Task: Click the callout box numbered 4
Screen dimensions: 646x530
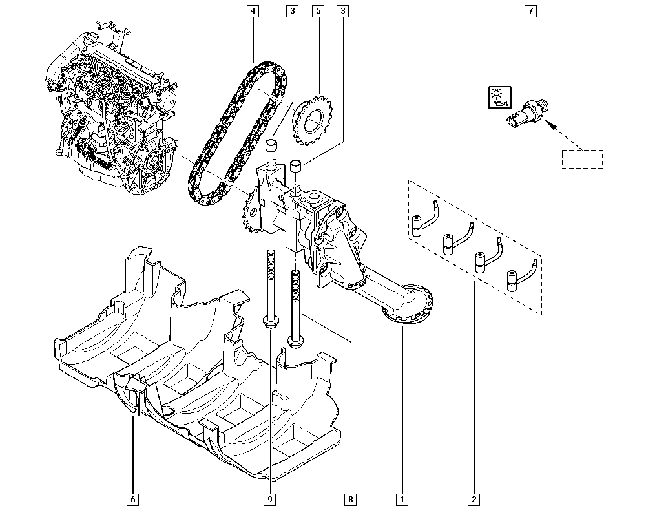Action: coord(253,11)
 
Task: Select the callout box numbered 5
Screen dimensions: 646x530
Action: coord(318,11)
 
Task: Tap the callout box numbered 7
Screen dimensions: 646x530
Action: coord(530,11)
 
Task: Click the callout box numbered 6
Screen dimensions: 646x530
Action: coord(132,500)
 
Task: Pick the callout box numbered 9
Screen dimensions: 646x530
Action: coord(269,500)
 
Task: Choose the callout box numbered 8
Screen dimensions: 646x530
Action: coord(350,500)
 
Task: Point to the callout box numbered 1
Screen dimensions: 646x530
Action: coord(402,500)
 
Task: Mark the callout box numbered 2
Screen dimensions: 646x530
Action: coord(474,500)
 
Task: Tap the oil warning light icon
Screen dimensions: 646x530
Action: coord(500,97)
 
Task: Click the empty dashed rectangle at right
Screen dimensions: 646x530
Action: coord(583,159)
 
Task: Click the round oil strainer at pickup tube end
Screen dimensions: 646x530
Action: coord(408,304)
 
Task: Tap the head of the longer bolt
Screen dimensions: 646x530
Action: coord(270,321)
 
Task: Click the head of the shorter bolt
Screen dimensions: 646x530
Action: coord(295,342)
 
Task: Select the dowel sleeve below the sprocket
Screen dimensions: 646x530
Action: coord(297,166)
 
